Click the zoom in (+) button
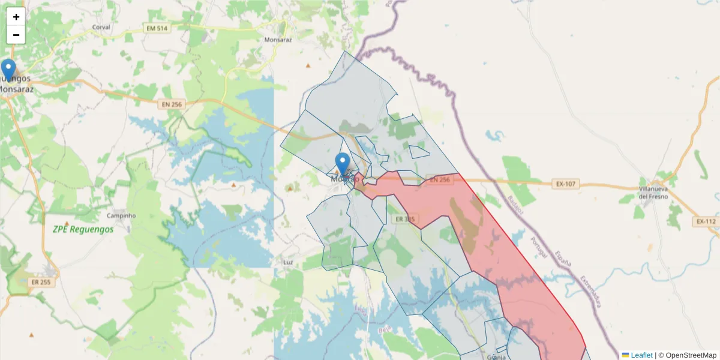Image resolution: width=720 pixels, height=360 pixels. tap(16, 17)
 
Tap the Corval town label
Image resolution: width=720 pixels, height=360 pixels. tap(101, 28)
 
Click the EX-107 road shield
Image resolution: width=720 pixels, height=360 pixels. tap(565, 184)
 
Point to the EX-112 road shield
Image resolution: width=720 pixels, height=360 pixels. tap(706, 221)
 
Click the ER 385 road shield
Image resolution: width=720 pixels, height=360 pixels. tap(405, 219)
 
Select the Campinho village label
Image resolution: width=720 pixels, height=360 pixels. tap(121, 215)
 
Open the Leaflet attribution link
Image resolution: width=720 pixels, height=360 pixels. tap(641, 355)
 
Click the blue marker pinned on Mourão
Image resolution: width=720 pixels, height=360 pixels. tap(343, 164)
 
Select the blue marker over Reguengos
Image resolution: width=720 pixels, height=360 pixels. tap(8, 70)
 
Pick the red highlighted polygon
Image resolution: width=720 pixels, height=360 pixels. tap(516, 270)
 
